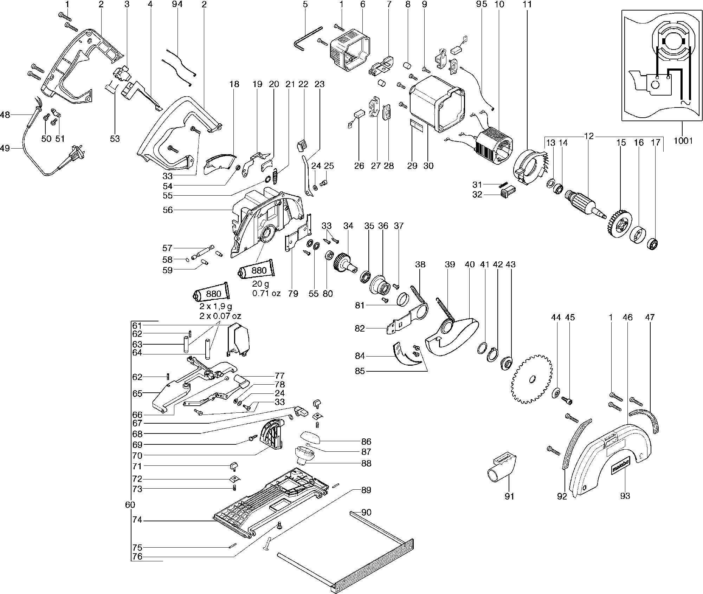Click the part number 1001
point(683,141)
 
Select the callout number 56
point(168,210)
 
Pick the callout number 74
point(137,520)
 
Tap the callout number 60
point(130,505)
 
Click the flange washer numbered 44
point(556,392)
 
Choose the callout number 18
point(234,84)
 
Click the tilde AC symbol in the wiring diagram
point(685,103)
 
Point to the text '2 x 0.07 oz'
point(220,316)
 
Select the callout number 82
point(360,328)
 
